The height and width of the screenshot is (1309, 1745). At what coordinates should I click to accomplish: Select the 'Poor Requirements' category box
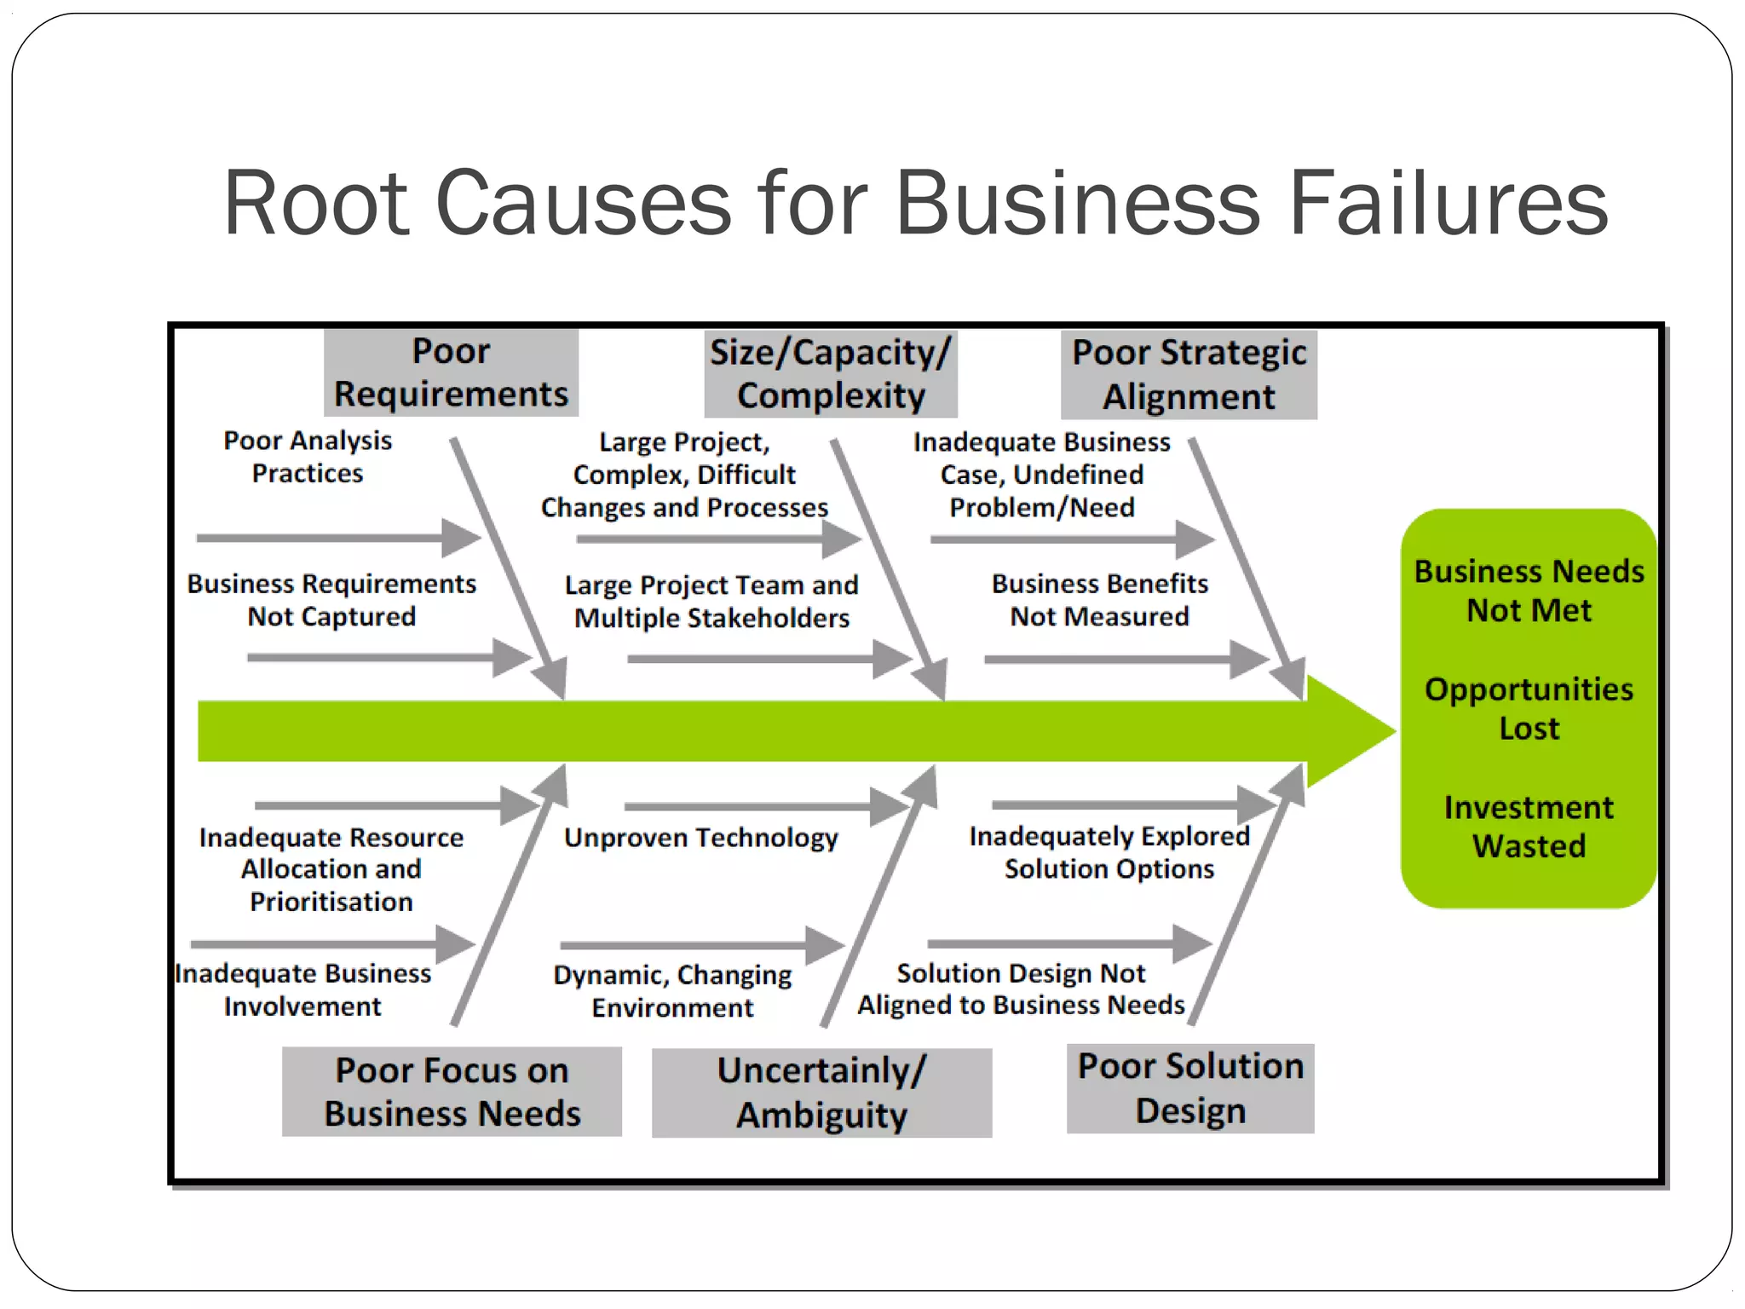[x=451, y=373]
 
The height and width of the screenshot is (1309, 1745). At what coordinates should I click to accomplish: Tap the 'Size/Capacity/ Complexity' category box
[x=831, y=374]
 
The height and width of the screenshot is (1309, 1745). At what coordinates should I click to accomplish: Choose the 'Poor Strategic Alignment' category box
[x=1189, y=375]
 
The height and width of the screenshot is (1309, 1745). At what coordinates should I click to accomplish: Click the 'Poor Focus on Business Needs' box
[x=452, y=1092]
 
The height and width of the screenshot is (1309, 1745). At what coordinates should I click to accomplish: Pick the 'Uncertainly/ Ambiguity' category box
[x=821, y=1093]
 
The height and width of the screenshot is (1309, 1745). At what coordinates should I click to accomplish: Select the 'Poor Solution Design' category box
[x=1190, y=1088]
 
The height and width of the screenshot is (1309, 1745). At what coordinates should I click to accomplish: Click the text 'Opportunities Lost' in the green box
[x=1529, y=708]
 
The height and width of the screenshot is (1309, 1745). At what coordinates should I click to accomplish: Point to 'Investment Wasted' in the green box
[x=1529, y=826]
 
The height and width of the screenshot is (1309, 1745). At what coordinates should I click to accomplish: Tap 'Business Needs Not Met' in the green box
[x=1529, y=590]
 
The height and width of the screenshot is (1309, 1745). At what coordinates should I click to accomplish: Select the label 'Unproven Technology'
[x=700, y=838]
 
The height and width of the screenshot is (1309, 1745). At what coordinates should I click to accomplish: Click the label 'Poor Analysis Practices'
[x=308, y=457]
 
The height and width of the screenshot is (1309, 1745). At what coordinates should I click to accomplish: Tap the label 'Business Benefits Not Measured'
[x=1099, y=600]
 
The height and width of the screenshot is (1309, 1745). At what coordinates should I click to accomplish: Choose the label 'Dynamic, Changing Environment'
[x=672, y=991]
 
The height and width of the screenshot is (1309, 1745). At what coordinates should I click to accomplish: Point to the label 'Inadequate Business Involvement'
[x=303, y=989]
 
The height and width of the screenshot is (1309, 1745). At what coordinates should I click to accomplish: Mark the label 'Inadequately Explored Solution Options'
[x=1109, y=852]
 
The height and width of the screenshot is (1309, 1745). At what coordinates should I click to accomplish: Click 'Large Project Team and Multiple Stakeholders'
[x=711, y=602]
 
